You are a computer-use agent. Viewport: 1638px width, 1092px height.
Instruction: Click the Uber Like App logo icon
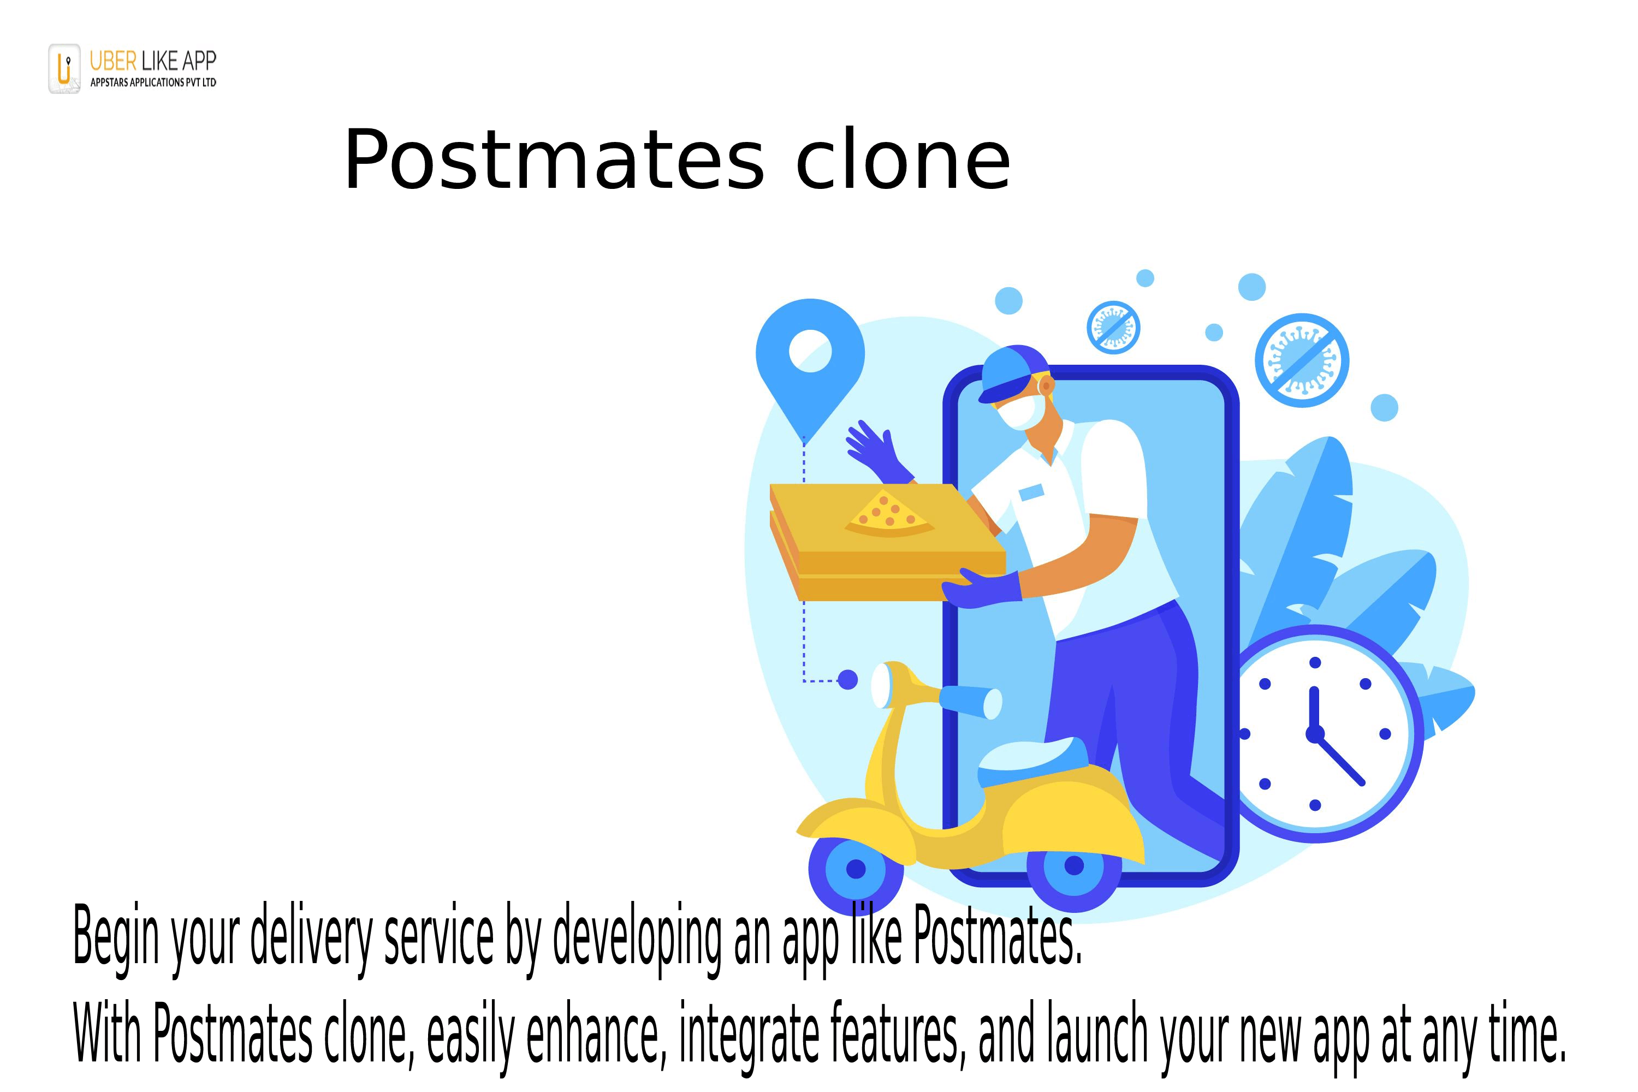coord(64,68)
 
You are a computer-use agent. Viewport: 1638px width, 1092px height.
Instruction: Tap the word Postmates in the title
coord(554,162)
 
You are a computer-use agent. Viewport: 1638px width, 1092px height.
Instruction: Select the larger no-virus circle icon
coord(1301,360)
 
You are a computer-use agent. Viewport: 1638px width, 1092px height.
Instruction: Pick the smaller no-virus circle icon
coord(1113,327)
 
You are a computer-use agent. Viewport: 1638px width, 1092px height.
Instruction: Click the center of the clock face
coord(1315,733)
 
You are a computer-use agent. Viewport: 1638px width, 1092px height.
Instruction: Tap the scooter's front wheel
coord(856,869)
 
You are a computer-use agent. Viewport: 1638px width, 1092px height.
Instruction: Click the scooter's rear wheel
coord(1074,865)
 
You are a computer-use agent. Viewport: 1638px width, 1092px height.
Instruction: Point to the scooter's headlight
coord(882,686)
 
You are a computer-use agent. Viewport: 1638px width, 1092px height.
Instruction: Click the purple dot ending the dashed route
coord(847,680)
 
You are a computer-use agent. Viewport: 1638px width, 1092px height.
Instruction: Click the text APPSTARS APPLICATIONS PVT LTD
coord(153,82)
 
